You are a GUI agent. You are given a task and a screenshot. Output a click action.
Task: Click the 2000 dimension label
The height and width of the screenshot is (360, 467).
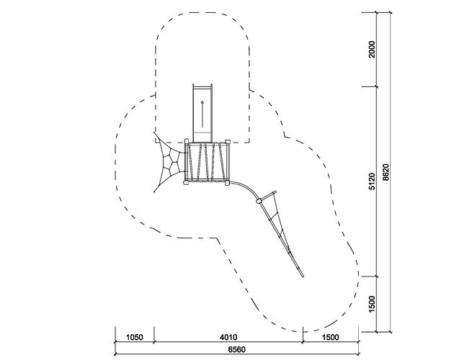coord(373,50)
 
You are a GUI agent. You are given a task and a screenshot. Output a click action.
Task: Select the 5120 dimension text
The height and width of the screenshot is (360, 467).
coord(373,181)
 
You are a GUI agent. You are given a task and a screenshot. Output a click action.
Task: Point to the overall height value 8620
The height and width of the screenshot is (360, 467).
coord(386,172)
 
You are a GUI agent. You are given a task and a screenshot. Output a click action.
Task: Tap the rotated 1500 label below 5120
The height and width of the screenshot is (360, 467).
coord(373,304)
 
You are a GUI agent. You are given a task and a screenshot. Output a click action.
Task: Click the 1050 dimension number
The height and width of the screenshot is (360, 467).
coord(135,338)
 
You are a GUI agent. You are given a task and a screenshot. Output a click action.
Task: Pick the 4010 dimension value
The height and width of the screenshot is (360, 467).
coord(228,338)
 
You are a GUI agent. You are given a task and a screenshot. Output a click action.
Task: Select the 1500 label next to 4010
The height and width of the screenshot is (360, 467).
coord(331,338)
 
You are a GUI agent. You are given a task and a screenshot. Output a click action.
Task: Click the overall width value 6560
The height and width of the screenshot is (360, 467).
coord(237,349)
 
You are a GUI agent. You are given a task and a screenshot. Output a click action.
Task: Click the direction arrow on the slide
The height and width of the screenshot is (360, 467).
coord(203,114)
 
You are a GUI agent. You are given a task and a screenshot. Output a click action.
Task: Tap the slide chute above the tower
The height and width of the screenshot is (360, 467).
coord(203,113)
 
